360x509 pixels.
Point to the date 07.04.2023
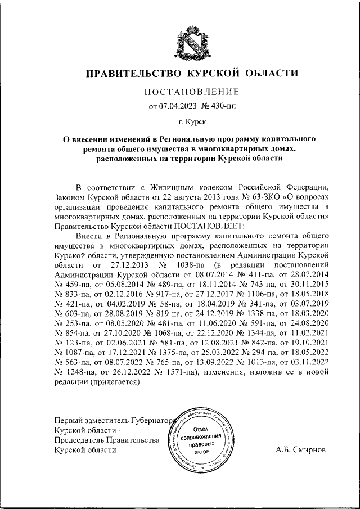tap(179, 105)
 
